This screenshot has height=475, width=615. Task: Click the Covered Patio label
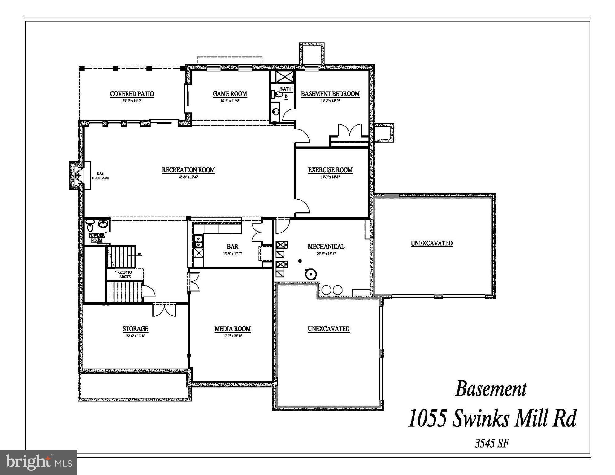tap(132, 94)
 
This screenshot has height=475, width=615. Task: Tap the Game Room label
tap(230, 94)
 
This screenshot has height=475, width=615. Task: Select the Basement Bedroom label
tap(330, 94)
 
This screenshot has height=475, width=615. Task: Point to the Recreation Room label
tap(188, 170)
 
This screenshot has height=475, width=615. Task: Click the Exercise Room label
tap(330, 170)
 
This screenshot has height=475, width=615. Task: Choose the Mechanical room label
tap(326, 246)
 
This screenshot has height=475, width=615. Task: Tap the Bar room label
tap(232, 246)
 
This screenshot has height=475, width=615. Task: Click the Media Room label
tap(232, 329)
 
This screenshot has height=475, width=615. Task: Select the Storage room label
tap(135, 329)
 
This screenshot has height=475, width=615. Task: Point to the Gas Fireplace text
tap(100, 176)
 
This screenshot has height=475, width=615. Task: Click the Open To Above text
tap(125, 275)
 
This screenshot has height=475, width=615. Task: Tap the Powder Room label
tap(97, 237)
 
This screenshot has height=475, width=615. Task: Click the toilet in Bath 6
tap(277, 94)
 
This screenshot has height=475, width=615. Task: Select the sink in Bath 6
tap(275, 111)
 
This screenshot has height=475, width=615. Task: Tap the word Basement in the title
tap(491, 389)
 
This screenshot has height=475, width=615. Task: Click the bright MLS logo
tap(39, 462)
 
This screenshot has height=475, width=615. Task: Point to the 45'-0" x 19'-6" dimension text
tap(188, 178)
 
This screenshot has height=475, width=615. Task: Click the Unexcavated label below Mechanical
tap(328, 329)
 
